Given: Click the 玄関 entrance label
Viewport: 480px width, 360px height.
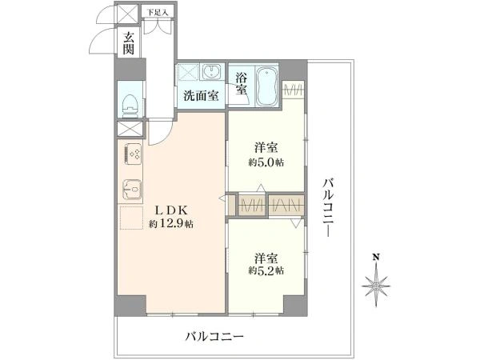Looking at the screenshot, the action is click(129, 43).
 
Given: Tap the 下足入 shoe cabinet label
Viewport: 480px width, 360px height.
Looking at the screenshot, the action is click(158, 13).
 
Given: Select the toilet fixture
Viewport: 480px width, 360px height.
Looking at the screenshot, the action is click(130, 106).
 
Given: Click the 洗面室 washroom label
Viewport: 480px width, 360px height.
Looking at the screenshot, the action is click(201, 96).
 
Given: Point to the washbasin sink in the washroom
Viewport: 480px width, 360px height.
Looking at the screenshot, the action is click(212, 72).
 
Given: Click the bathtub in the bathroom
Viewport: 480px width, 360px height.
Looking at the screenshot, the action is click(267, 86).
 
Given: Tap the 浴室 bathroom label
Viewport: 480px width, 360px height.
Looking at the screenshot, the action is click(242, 83).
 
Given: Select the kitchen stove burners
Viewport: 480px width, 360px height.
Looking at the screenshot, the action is click(132, 154).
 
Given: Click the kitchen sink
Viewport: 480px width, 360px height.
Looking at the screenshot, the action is click(132, 189).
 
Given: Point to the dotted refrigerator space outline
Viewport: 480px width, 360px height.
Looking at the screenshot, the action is click(131, 218).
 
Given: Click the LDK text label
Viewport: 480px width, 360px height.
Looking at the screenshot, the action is click(171, 210).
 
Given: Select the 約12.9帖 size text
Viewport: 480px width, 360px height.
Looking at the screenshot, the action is click(171, 224).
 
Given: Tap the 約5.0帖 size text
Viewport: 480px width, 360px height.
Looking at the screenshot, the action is click(266, 162).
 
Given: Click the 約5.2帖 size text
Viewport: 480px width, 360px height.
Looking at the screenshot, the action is click(266, 270).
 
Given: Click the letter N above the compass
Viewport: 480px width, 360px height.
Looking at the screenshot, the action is click(376, 257).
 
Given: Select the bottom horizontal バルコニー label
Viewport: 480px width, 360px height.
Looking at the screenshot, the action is click(214, 337).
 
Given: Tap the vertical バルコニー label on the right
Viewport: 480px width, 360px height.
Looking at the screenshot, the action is click(329, 207).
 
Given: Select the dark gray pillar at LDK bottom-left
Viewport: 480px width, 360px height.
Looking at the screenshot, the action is click(130, 306).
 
